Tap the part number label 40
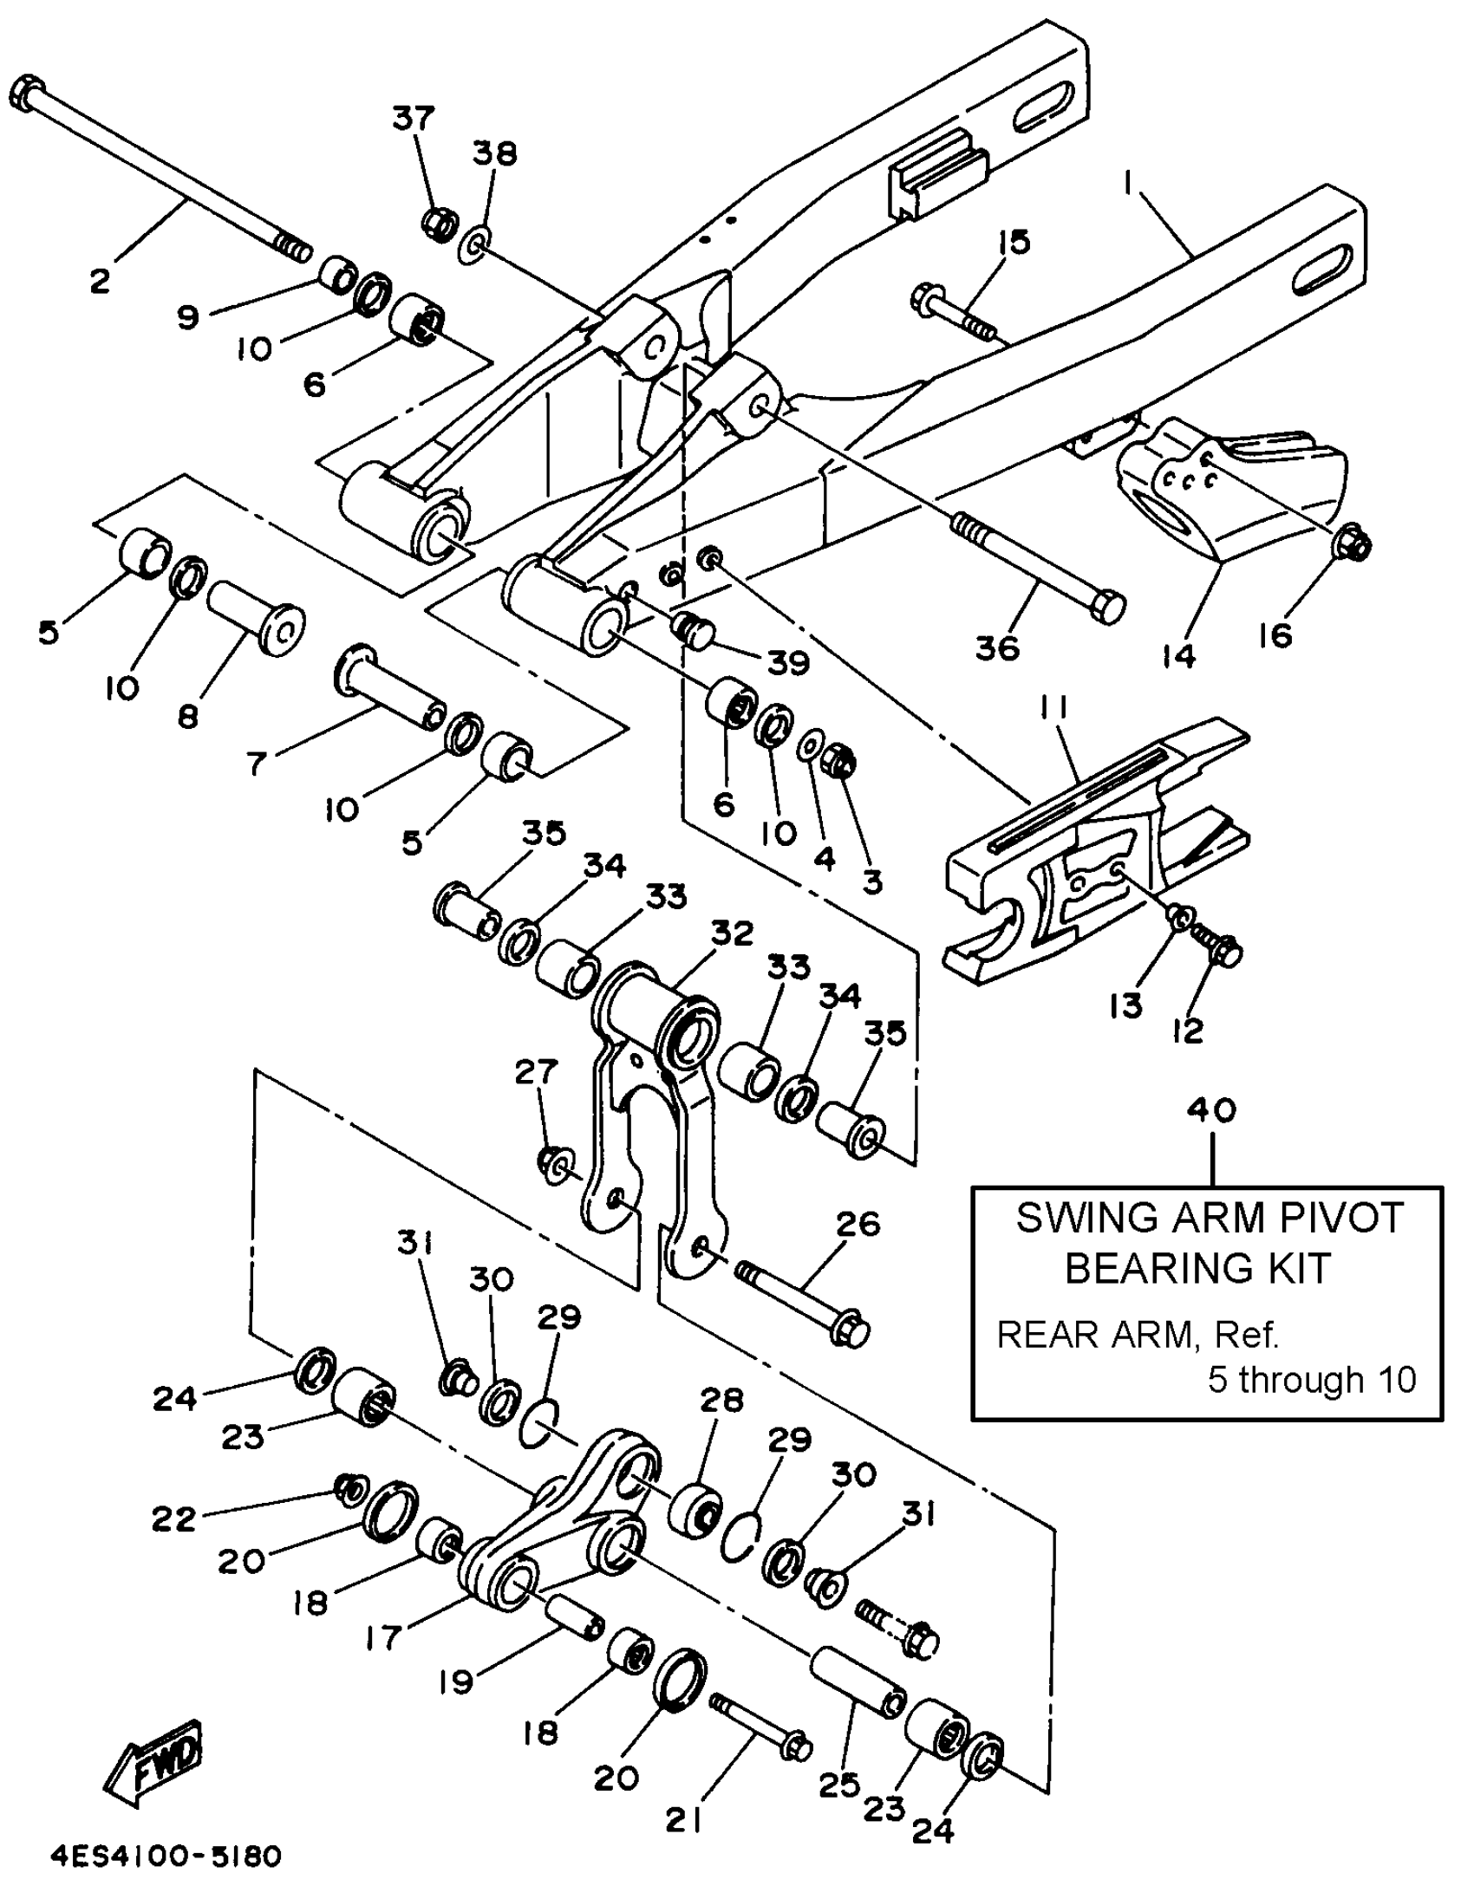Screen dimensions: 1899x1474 coord(1211,1109)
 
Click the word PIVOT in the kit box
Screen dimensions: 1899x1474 coord(1332,1219)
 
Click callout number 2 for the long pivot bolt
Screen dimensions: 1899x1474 coord(100,280)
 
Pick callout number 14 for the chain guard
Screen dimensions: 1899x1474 coord(1178,656)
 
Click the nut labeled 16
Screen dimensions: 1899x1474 coord(1351,544)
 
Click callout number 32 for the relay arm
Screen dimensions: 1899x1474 coord(731,933)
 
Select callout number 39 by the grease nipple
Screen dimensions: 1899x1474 coord(788,662)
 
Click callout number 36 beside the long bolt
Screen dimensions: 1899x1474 coord(996,647)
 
